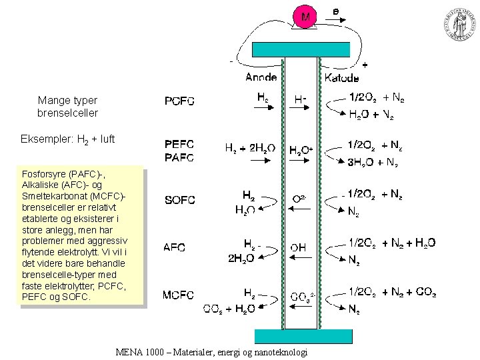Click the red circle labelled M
305,17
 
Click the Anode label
261,77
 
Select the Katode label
341,77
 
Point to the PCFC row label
179,102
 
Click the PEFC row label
179,144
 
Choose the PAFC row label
179,158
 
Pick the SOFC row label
179,200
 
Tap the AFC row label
175,247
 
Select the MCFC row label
179,295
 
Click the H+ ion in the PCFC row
301,99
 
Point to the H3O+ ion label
301,150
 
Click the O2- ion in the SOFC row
300,199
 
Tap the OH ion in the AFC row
298,247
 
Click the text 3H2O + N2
373,163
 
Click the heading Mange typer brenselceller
67,107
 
